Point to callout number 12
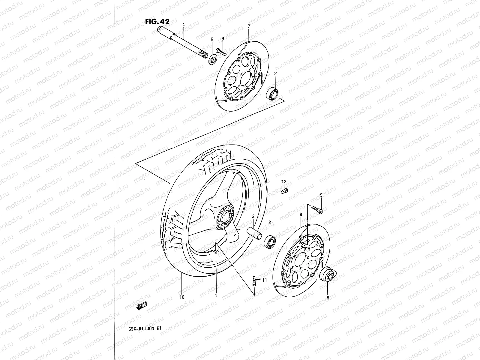tap(284, 182)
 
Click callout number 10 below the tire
tap(182, 297)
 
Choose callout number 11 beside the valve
tap(264, 280)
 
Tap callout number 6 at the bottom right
tap(328, 298)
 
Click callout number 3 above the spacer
tap(253, 216)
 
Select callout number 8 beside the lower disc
tap(301, 214)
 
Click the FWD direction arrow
tap(141, 306)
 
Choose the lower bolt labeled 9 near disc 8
tap(317, 209)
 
